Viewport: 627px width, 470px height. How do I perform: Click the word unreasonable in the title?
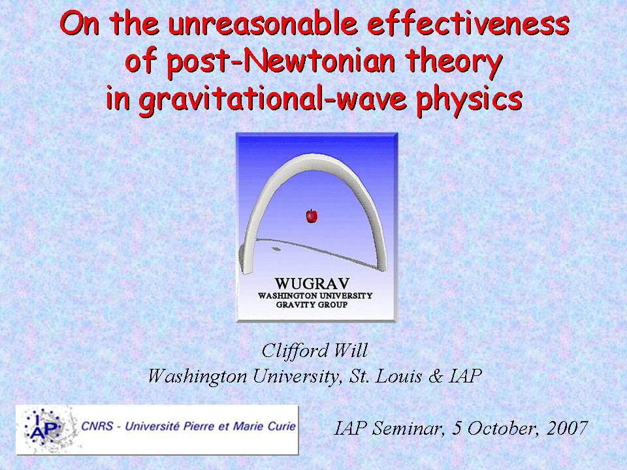tap(263, 23)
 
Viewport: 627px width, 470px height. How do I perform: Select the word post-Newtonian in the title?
tap(281, 61)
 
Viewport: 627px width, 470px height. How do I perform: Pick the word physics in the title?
tap(469, 99)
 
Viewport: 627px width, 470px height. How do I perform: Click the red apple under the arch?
tap(312, 216)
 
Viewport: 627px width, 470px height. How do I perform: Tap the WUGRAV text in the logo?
tap(312, 284)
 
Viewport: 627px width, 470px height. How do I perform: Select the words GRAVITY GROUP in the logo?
tap(312, 305)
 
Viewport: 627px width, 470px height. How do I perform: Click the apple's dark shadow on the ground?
tap(276, 249)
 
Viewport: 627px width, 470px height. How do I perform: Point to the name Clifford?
tap(295, 351)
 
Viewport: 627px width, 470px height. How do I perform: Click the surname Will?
tap(351, 351)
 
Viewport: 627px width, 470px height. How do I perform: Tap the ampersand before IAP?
tap(436, 376)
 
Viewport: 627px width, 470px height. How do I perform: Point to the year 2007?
tap(567, 428)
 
